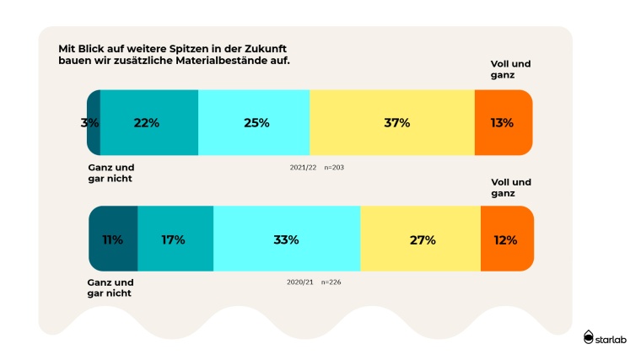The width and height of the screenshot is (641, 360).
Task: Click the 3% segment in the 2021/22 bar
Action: click(92, 123)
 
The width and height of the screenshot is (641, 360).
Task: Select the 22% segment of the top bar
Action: click(148, 123)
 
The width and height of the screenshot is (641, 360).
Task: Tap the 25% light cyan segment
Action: click(254, 123)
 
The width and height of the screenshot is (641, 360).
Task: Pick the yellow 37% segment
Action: click(392, 123)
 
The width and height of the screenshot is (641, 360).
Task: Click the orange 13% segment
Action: click(503, 123)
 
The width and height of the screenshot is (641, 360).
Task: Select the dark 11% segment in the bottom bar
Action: click(112, 239)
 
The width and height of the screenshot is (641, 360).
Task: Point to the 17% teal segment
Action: click(175, 239)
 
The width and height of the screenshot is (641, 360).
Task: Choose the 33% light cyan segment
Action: click(287, 239)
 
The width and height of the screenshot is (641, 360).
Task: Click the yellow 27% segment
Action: click(420, 239)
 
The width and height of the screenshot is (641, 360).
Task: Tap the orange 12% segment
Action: click(506, 239)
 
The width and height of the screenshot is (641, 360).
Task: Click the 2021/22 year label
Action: click(303, 168)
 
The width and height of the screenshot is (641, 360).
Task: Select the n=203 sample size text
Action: click(334, 168)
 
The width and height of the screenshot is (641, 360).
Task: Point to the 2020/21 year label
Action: click(299, 282)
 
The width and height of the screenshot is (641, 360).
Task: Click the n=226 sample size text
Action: click(331, 282)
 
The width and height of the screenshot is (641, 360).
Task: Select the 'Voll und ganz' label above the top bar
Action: click(511, 69)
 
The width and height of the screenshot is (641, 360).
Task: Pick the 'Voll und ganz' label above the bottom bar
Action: click(511, 187)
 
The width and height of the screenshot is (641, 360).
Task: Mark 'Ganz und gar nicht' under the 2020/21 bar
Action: click(110, 287)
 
